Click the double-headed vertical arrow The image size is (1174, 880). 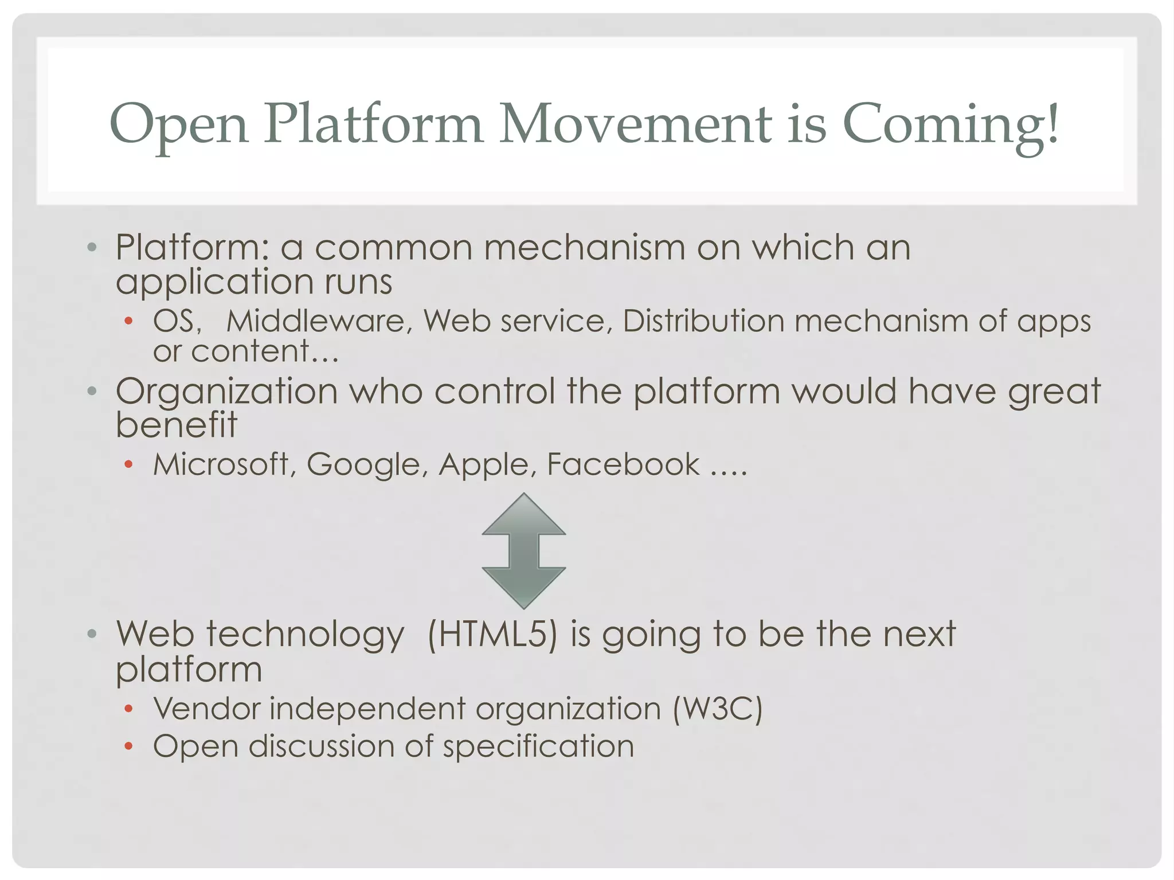point(524,550)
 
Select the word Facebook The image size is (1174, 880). point(623,464)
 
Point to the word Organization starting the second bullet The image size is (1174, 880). point(227,392)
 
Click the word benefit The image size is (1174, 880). point(177,425)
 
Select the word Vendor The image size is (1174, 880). point(207,709)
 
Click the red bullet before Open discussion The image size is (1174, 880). point(129,746)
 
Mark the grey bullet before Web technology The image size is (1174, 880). point(92,635)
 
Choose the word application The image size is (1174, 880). point(214,282)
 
